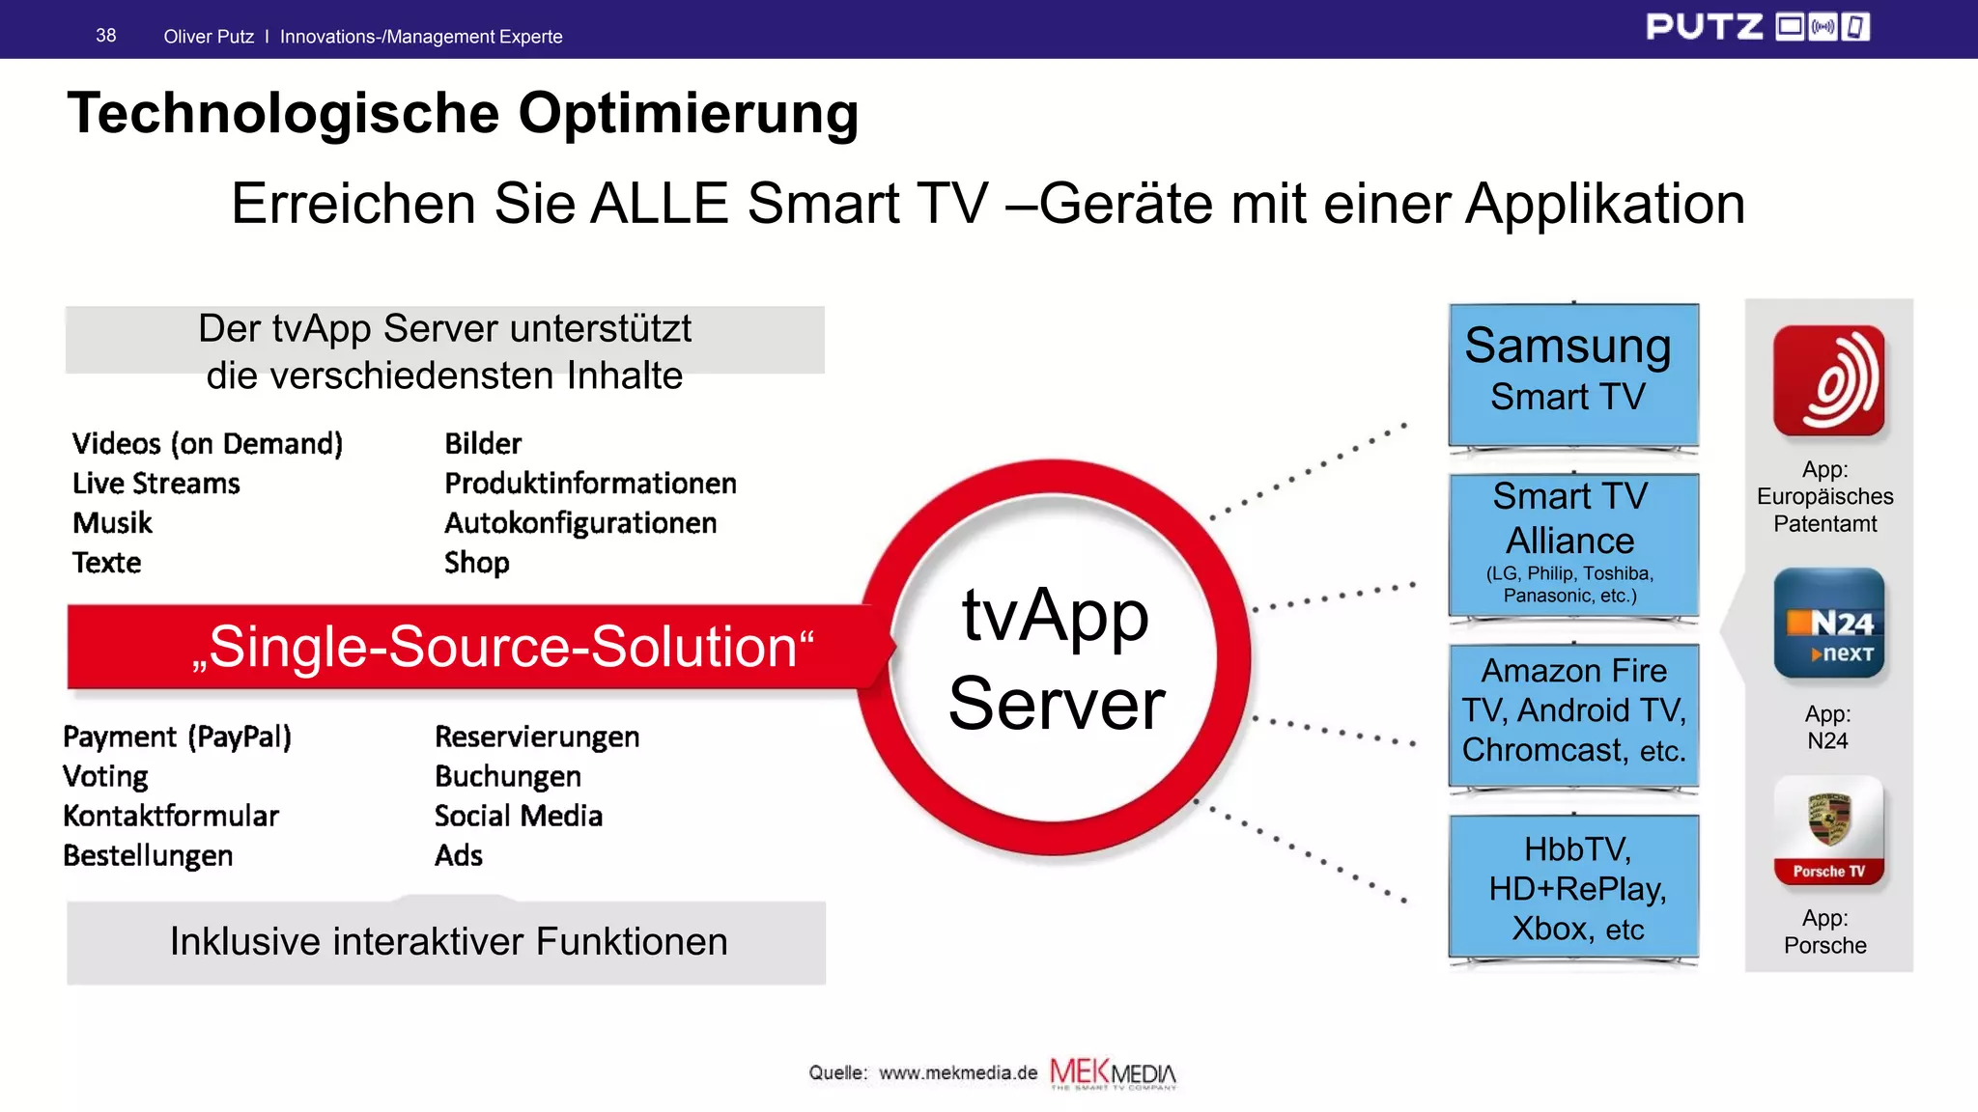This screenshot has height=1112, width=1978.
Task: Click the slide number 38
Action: [105, 36]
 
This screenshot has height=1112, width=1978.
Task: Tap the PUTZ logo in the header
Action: [1756, 27]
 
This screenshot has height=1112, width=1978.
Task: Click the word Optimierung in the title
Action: [688, 113]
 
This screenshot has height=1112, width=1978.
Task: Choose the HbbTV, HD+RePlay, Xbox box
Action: [1572, 888]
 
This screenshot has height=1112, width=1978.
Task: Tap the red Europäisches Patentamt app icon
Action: [1828, 380]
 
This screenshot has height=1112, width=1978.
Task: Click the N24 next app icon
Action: [1828, 624]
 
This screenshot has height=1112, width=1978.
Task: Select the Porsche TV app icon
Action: [1828, 830]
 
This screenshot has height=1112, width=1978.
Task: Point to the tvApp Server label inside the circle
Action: [1056, 658]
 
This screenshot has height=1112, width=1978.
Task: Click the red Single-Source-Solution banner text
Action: [502, 647]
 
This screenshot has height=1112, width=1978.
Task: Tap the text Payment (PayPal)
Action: [177, 737]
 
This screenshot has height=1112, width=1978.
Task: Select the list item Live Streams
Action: [155, 483]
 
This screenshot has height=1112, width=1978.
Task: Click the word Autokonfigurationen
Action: [580, 523]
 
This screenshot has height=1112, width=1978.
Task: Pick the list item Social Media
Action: [518, 816]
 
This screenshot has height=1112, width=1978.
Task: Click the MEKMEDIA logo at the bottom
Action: [1113, 1072]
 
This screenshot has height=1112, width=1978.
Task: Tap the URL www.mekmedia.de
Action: [957, 1072]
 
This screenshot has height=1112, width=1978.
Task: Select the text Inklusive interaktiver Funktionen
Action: [448, 941]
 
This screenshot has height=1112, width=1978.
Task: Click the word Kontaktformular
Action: [171, 816]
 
